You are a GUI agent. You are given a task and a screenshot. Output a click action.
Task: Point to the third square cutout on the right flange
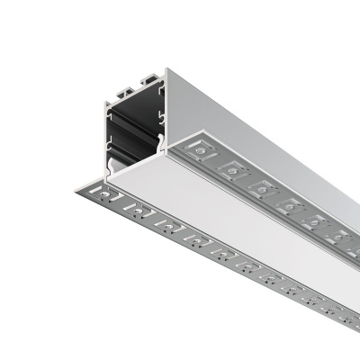pyautogui.click(x=261, y=187)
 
